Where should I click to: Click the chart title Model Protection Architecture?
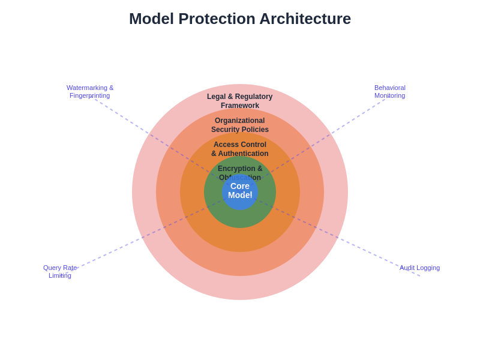tap(240, 19)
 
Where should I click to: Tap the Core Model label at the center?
tap(240, 191)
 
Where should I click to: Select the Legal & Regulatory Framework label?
tap(240, 101)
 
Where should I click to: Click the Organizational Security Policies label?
tap(240, 125)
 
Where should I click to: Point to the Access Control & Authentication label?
tap(240, 149)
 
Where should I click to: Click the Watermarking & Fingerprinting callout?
tap(90, 91)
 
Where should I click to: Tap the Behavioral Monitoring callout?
tap(390, 91)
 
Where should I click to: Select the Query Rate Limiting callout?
tap(60, 271)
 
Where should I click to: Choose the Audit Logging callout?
tap(419, 268)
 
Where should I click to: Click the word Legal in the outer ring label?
tap(217, 97)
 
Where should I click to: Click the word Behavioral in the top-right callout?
tap(390, 88)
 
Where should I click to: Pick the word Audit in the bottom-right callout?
tap(408, 268)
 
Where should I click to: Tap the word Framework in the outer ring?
tap(240, 106)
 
